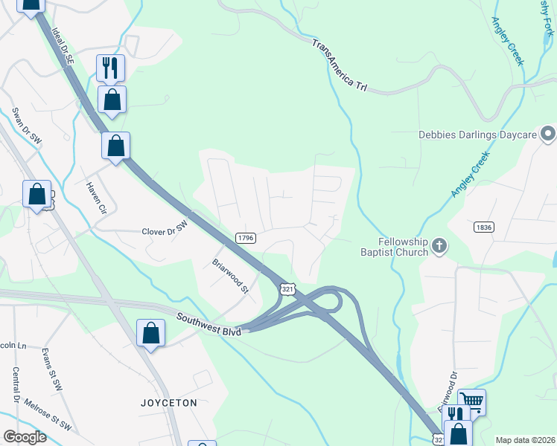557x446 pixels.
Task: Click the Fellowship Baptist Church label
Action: (403, 246)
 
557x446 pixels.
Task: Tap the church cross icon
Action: (439, 245)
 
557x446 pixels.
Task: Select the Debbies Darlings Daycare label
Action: (477, 135)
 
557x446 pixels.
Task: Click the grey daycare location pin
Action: (548, 135)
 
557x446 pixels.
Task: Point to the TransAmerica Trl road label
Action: (340, 65)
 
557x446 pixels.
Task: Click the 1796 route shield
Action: (246, 238)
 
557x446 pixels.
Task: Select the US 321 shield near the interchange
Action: (287, 288)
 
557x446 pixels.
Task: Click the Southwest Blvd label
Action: (209, 325)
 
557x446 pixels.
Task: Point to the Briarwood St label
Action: (230, 276)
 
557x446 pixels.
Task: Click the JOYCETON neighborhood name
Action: (169, 402)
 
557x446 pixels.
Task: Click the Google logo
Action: (25, 437)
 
